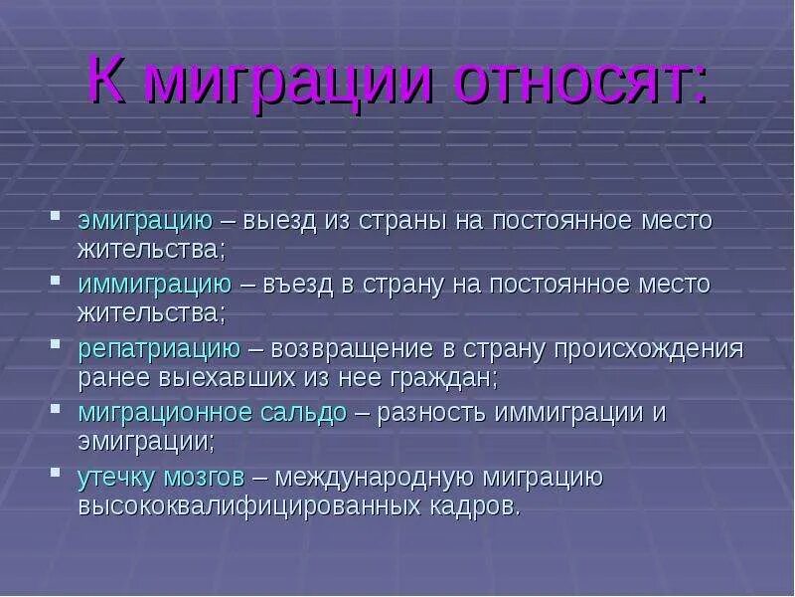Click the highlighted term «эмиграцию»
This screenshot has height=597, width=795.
point(145,221)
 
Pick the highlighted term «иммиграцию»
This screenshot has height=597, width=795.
point(155,285)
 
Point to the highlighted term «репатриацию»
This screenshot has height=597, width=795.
point(159,349)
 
